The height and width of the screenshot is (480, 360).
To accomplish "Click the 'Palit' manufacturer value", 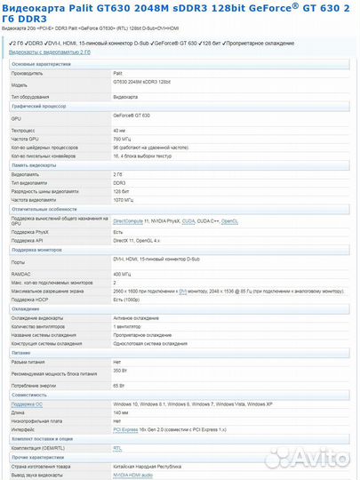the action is (x=118, y=73).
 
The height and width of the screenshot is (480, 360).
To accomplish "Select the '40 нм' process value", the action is (x=120, y=130).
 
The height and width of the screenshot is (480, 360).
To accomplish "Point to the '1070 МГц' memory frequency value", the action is (x=124, y=200).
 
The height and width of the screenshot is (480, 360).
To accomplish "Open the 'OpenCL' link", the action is (x=229, y=220).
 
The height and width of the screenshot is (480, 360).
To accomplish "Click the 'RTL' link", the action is (x=117, y=448).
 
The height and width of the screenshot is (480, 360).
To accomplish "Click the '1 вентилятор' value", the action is (x=130, y=325).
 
